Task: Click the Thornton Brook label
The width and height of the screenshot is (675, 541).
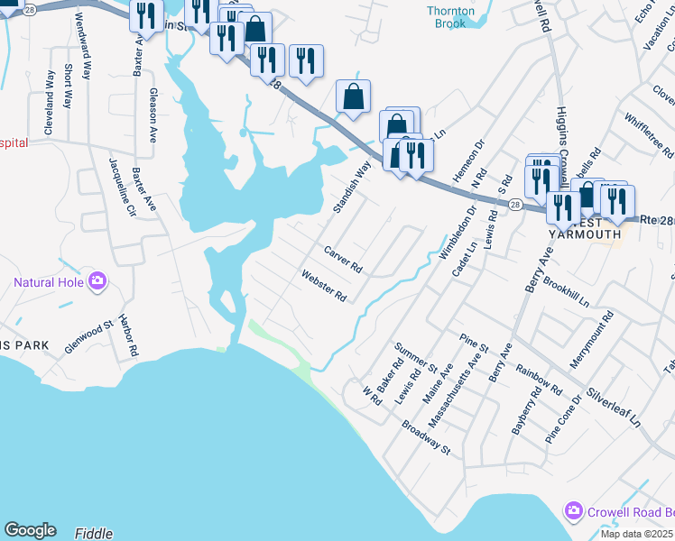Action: pos(450,17)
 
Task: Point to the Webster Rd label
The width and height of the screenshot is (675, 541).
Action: pos(324,286)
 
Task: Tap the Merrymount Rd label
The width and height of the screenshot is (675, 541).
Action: pos(592,340)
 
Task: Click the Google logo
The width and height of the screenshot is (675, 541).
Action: pos(30,530)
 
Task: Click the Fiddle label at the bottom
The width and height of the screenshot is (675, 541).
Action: pos(95,533)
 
